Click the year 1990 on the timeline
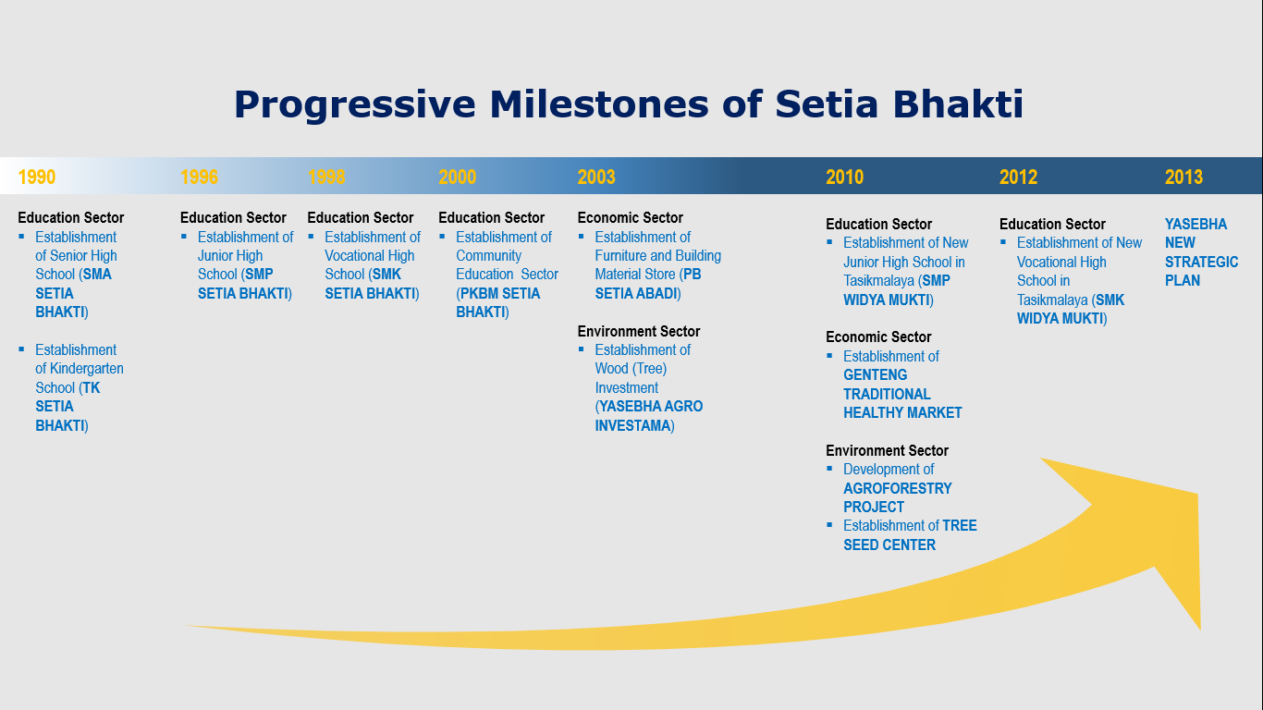37,177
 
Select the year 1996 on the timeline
199,177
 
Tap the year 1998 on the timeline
326,177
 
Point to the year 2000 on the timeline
458,177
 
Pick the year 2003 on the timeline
596,177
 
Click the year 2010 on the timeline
845,177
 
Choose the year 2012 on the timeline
1018,177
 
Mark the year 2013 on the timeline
1184,177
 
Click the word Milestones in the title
599,104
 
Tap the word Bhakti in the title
958,104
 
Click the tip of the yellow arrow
1197,494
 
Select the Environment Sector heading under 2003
638,331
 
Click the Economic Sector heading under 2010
878,337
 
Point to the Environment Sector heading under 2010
887,450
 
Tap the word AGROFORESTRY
898,488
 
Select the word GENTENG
875,375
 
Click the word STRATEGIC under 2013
1202,263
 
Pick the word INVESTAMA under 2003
632,426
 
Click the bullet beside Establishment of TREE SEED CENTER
829,525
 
